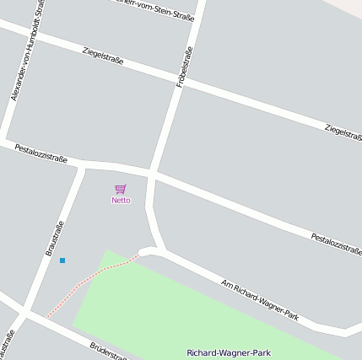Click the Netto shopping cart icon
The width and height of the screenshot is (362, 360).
(x=121, y=189)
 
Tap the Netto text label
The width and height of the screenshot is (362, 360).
(x=122, y=201)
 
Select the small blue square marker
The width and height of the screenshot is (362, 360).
(x=62, y=261)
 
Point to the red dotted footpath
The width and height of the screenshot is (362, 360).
(x=93, y=286)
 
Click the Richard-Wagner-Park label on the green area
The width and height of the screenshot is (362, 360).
(x=229, y=352)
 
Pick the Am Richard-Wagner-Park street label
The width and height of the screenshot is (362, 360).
(x=260, y=300)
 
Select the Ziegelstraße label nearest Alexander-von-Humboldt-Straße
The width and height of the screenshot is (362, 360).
(x=105, y=58)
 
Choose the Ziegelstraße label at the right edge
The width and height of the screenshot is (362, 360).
(x=341, y=132)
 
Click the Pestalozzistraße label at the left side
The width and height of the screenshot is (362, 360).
(x=41, y=153)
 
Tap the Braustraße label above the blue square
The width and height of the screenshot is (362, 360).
(x=55, y=239)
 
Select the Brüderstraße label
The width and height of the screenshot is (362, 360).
(x=108, y=352)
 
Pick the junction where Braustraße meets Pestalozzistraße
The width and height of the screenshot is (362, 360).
(x=82, y=165)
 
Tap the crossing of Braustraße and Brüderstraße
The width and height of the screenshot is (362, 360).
(x=25, y=313)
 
